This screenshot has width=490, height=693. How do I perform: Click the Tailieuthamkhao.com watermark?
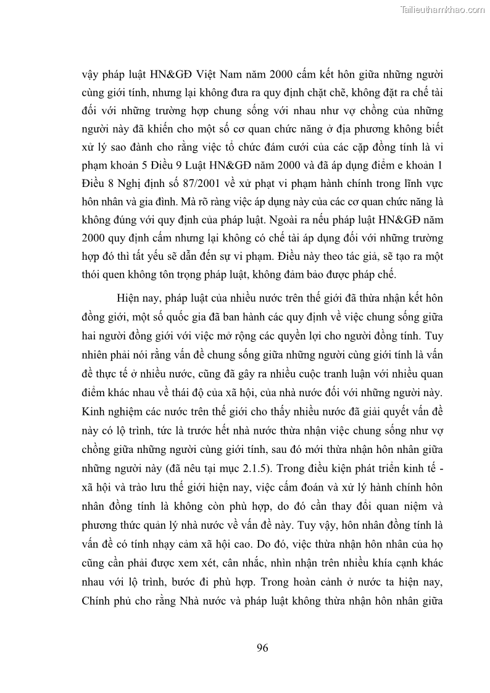(443, 9)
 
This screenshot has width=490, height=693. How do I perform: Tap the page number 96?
(262, 647)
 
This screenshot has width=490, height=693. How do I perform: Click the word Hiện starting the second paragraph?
(128, 298)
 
